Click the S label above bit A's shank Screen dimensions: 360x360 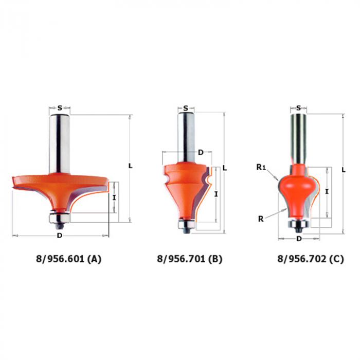coord(60,107)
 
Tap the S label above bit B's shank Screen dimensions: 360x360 coord(186,108)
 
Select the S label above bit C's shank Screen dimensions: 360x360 coord(298,107)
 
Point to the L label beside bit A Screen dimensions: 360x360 coord(130,166)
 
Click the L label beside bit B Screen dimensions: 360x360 coord(225,168)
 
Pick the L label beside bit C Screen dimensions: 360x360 coord(344,170)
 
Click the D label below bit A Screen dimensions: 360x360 coord(60,236)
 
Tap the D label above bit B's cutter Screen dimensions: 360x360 coord(201,152)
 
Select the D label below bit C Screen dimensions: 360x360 coord(299,239)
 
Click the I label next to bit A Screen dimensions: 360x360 coord(114,197)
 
